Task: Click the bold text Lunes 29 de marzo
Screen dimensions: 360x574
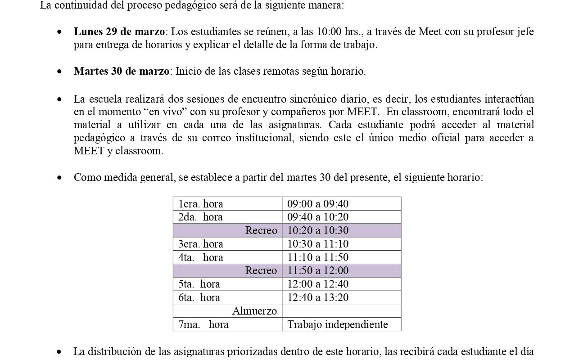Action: click(x=120, y=32)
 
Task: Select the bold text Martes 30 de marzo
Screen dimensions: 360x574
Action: click(x=122, y=71)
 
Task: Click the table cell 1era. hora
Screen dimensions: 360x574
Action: click(x=201, y=204)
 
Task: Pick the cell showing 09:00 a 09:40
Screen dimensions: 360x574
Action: click(x=318, y=204)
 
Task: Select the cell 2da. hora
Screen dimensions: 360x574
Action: click(x=200, y=217)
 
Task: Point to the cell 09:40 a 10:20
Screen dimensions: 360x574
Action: click(x=318, y=217)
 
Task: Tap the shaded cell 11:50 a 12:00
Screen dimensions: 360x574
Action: click(x=318, y=270)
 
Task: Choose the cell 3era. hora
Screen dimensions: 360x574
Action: click(x=201, y=244)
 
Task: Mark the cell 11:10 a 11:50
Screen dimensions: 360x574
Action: click(x=318, y=257)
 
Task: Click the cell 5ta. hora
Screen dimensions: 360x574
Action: click(x=199, y=284)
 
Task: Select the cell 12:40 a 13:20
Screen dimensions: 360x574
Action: click(x=318, y=297)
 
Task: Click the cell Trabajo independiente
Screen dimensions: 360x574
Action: click(x=338, y=324)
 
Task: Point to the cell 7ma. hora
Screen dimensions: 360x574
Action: click(x=203, y=324)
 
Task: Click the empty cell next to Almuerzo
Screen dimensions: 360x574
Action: click(x=341, y=311)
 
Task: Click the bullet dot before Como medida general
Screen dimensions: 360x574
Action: click(x=59, y=178)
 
